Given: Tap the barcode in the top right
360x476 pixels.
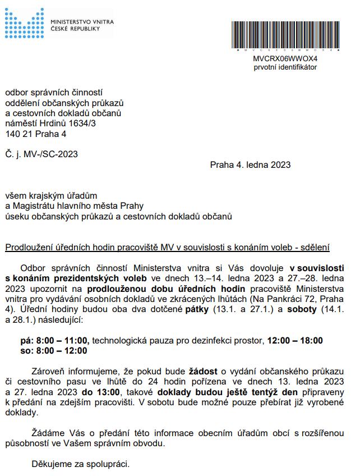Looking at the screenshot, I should pos(285,36).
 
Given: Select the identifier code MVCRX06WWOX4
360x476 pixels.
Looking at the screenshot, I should pos(285,58).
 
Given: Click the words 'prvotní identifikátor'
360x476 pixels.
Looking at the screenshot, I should pos(285,67).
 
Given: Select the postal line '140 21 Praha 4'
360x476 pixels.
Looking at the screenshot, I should pos(36,134).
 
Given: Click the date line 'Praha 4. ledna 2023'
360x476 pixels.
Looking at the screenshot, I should pos(250,164).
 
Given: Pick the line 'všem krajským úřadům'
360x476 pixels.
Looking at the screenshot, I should pos(51,195).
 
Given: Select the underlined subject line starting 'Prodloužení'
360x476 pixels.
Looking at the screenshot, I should pos(168,247).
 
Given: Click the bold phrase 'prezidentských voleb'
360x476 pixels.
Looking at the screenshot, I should pos(107,278).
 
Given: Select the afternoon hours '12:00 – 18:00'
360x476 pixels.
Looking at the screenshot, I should pos(295,340).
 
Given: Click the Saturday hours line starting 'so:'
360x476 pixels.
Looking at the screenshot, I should pos(54,351).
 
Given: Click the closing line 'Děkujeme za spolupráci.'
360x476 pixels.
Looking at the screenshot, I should pos(80,465).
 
